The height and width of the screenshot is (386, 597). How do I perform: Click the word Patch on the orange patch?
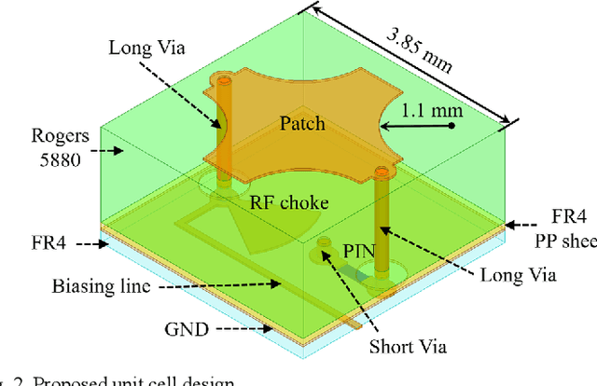(303, 124)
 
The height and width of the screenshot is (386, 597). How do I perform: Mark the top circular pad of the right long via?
(380, 171)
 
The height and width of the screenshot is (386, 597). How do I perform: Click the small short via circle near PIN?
(325, 244)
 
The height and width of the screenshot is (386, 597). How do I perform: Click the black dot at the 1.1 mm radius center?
(451, 126)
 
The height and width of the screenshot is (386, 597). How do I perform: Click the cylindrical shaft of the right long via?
(381, 224)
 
